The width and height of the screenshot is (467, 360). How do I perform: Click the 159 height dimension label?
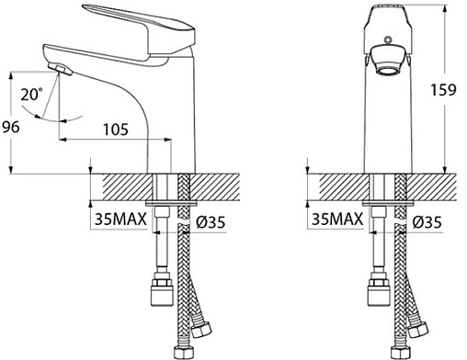point(443,90)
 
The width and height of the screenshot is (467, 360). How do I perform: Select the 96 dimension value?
point(11,127)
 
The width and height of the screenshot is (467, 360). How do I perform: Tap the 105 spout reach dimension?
point(116,129)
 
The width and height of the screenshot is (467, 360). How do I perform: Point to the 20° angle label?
point(31,94)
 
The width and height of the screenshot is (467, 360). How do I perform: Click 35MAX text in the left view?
point(120,219)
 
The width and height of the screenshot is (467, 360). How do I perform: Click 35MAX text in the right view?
point(337,219)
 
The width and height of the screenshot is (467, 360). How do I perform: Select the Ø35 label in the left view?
point(211,222)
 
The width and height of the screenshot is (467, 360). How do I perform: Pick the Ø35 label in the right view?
point(427,222)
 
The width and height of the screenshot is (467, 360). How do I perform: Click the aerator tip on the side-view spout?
point(61,69)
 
